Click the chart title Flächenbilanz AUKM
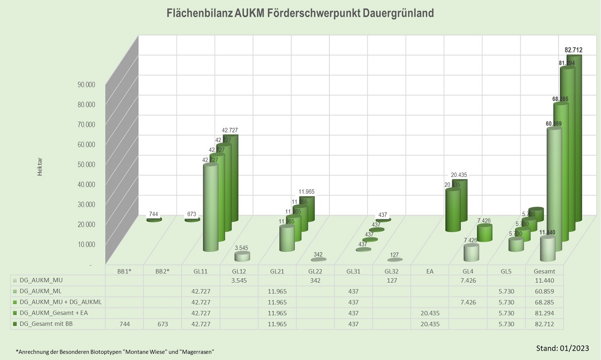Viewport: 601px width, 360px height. point(300,13)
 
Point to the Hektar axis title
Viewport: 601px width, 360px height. point(40,167)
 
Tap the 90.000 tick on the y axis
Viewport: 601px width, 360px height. point(86,85)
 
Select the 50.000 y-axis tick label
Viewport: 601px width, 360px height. point(86,164)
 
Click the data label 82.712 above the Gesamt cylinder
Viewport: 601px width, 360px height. point(573,50)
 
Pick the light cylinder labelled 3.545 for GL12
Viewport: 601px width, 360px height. point(242,257)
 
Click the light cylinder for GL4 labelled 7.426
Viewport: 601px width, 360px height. point(471,253)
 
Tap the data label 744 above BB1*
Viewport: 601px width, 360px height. point(153,214)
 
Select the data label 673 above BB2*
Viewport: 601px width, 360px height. point(192,214)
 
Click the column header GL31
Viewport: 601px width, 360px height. point(353,271)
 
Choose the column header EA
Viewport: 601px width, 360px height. point(430,271)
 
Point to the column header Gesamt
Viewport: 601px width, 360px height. point(544,271)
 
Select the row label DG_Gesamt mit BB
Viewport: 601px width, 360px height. point(46,324)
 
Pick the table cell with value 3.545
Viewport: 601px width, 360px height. point(239,280)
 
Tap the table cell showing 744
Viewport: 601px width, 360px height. point(124,324)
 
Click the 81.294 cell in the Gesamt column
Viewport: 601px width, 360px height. point(544,313)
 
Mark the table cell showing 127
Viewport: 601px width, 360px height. point(391,280)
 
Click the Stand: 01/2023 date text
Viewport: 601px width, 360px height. point(563,348)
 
